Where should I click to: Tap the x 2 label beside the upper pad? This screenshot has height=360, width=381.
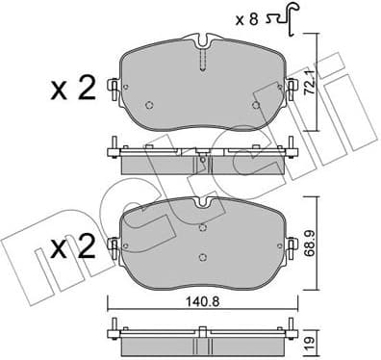coord(73,92)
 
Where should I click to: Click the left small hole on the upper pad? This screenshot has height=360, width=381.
coord(147,106)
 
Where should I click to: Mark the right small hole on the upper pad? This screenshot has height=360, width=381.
coord(255,106)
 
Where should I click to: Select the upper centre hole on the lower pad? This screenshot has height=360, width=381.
coord(202,228)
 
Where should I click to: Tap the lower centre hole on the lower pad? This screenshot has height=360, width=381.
coord(202,256)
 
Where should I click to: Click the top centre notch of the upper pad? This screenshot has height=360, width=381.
coord(202,43)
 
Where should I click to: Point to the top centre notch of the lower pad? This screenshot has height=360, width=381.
coord(202,204)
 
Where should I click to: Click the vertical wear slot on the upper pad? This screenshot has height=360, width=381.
coord(202,60)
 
